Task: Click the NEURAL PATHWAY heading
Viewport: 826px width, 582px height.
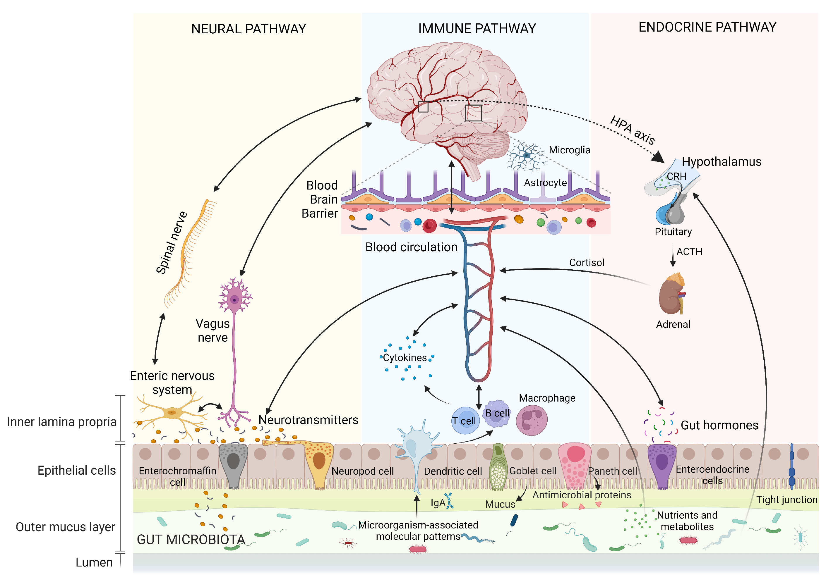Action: (x=248, y=29)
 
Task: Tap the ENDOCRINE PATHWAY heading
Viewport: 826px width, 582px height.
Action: (x=707, y=27)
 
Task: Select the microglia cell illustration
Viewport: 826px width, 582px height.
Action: (x=526, y=156)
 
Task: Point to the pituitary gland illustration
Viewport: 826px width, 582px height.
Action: (x=670, y=212)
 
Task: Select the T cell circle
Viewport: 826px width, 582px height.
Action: (x=465, y=421)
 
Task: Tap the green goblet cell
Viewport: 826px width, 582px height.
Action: (x=498, y=467)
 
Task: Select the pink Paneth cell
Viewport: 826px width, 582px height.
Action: (x=575, y=466)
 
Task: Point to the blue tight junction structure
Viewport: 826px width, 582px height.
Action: (x=791, y=467)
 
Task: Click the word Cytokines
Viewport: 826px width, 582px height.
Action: (x=405, y=358)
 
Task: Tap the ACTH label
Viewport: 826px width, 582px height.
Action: (x=689, y=252)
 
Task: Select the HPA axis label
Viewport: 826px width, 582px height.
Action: (x=632, y=130)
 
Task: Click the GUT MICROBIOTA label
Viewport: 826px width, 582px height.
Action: (x=191, y=539)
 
